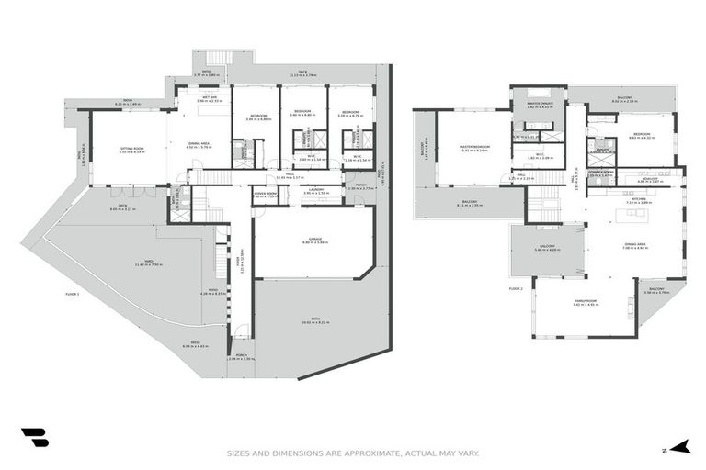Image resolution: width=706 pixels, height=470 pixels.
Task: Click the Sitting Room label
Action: [x=132, y=150]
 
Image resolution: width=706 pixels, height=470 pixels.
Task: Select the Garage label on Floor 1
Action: [x=315, y=241]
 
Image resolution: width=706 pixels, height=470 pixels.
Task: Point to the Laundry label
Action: [x=315, y=192]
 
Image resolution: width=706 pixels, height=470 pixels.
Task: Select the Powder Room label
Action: [x=600, y=172]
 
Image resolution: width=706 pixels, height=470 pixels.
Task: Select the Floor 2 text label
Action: [x=515, y=288]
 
